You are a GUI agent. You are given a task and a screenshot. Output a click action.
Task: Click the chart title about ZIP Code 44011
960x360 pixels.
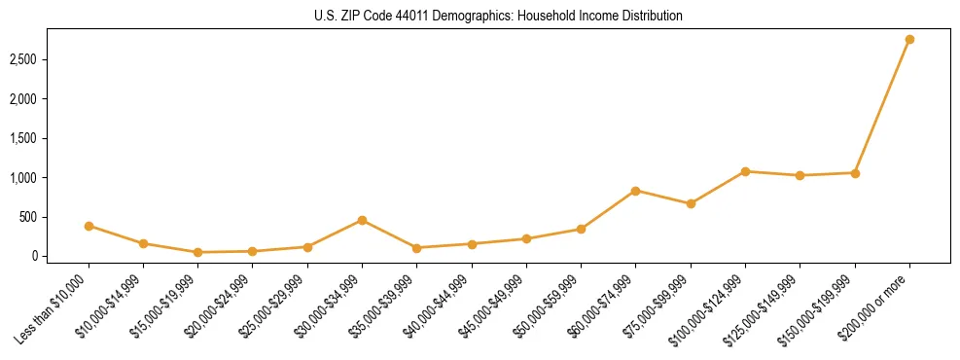(499, 17)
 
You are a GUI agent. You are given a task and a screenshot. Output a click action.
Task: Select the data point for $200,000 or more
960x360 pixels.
(909, 39)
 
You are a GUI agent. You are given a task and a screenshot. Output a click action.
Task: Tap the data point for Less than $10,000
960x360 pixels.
(89, 226)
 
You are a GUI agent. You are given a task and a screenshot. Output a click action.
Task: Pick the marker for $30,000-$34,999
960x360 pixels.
(362, 220)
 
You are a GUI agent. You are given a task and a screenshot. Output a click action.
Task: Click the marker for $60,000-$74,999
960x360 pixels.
(635, 191)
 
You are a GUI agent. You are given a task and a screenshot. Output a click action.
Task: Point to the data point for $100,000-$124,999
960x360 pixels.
(745, 171)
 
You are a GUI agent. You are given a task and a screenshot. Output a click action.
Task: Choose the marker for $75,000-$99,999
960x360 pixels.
(691, 203)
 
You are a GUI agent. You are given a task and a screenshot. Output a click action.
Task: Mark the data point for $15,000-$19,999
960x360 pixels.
(197, 252)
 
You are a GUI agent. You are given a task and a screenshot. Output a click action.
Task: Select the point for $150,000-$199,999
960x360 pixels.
(855, 173)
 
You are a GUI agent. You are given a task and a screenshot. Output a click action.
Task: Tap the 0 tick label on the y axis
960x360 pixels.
(32, 257)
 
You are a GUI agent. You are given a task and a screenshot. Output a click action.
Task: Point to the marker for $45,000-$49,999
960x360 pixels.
(526, 238)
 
